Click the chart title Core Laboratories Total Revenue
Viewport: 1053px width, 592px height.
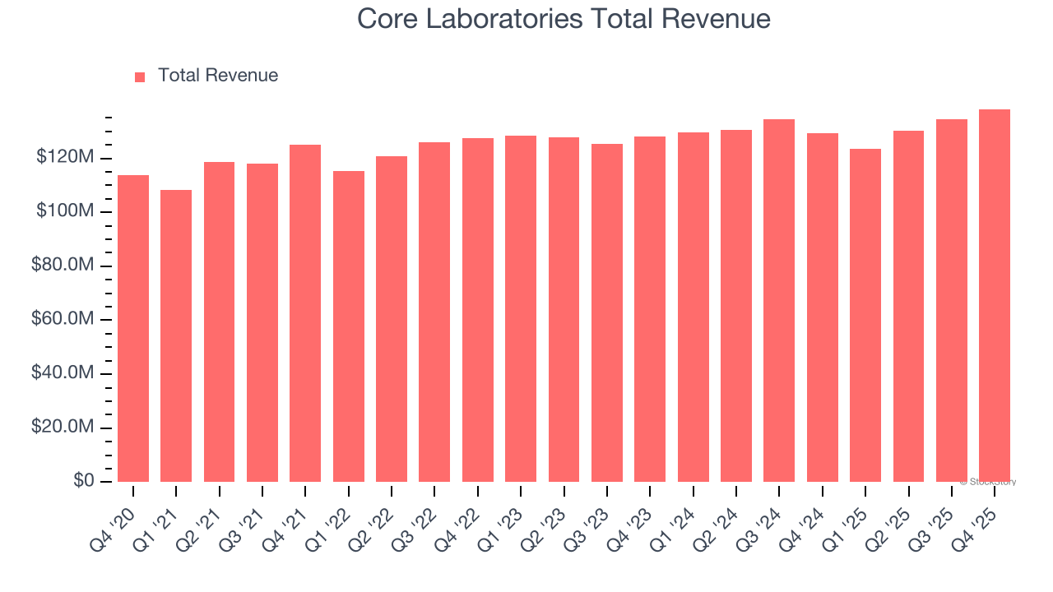point(564,19)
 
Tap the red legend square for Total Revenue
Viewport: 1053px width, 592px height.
point(140,76)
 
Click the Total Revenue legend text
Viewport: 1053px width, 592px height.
point(218,76)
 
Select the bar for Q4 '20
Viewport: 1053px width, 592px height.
point(133,329)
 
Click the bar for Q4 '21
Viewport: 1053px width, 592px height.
point(305,313)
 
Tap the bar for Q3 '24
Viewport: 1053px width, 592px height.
point(779,300)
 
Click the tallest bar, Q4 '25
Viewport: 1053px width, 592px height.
point(995,295)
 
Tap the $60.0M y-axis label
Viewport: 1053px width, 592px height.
point(63,319)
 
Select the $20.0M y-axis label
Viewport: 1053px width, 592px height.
point(63,428)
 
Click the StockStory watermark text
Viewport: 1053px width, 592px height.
point(990,482)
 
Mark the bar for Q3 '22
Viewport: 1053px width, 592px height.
point(434,312)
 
